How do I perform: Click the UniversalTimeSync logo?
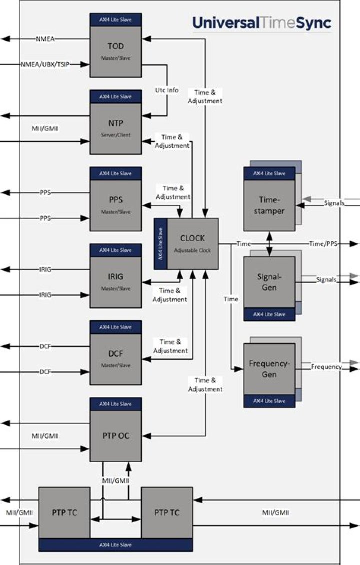pos(261,23)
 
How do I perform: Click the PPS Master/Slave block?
pos(116,204)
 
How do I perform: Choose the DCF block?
pos(116,358)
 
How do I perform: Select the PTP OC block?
pos(116,435)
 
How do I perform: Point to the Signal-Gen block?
pos(269,283)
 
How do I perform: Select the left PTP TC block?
pos(64,512)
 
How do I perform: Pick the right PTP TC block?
pos(167,512)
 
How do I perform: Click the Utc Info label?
pos(166,90)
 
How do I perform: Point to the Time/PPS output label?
pos(323,243)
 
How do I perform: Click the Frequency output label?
pos(326,367)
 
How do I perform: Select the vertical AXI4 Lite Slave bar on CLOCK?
pos(160,244)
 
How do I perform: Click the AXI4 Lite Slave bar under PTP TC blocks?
pos(115,545)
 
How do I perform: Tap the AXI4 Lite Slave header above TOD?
pos(116,19)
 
